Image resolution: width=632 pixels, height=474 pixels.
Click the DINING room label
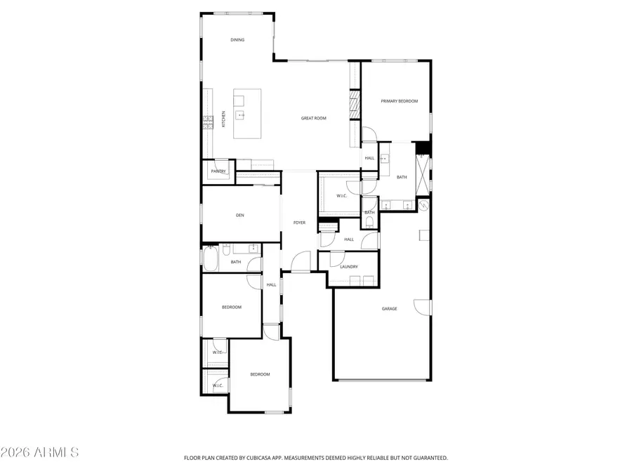tap(237, 40)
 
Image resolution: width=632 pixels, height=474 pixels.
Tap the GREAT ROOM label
tap(314, 118)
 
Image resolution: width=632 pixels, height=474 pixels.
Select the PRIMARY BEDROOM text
tap(399, 101)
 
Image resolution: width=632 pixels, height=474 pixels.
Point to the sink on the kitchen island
tap(240, 114)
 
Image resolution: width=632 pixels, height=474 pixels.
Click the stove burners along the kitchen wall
tap(207, 123)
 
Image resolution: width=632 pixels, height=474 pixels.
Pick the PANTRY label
tap(218, 171)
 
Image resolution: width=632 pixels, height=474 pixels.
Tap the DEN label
tap(239, 215)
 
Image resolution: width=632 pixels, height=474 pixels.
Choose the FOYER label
tap(299, 223)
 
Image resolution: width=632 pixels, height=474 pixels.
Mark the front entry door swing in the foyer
tap(301, 261)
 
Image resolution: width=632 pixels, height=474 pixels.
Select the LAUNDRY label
tap(349, 267)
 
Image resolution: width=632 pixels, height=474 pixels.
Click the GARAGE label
tap(389, 308)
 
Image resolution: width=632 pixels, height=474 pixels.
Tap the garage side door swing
tap(422, 306)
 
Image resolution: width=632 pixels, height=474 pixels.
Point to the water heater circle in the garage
tap(423, 206)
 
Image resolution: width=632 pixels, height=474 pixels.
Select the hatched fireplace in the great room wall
tap(355, 105)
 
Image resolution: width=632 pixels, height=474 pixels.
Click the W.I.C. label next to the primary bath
tap(342, 196)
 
